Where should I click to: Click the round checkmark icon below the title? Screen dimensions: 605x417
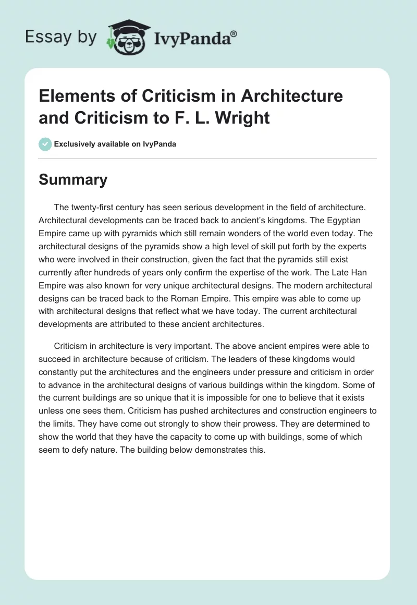coord(45,144)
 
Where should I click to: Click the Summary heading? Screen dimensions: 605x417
coord(73,180)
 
